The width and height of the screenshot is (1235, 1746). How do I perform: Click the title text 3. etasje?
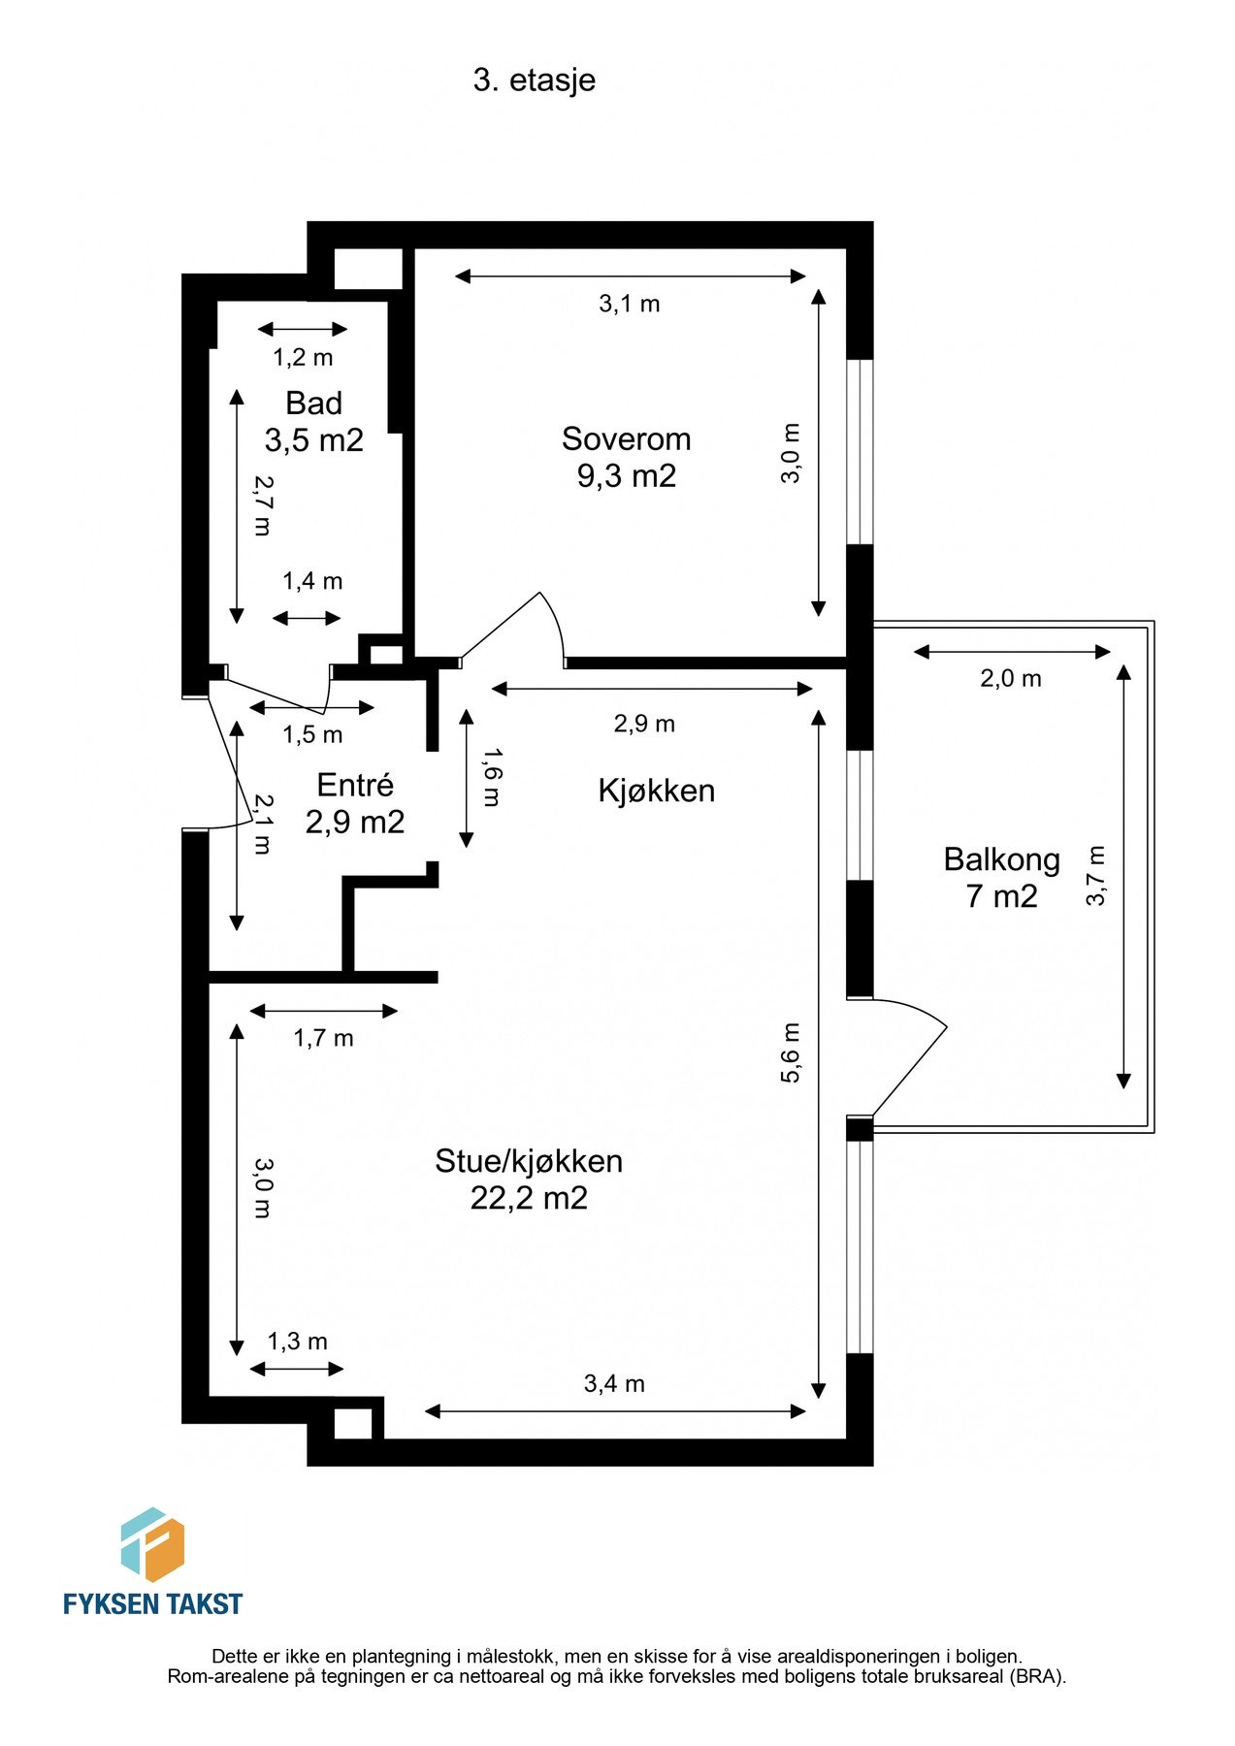point(534,81)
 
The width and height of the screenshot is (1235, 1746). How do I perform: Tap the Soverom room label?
point(626,439)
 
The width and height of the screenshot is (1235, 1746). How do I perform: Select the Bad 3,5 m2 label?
point(313,422)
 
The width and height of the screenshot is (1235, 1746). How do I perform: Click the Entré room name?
point(355,785)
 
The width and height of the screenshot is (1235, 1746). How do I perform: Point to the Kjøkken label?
point(656,791)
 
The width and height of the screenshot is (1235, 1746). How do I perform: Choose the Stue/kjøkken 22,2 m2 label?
point(529,1180)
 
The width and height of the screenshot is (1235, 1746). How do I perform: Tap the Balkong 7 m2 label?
point(1001,878)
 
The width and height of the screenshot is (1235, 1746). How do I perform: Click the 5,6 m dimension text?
point(792,1052)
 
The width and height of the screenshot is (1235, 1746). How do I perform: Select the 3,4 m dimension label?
point(614,1383)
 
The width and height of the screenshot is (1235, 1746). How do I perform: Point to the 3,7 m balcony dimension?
point(1095,876)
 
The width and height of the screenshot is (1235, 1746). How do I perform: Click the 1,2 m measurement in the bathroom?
point(303,358)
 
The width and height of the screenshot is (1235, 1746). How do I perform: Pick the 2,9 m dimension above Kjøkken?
point(644,724)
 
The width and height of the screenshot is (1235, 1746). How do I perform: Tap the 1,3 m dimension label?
point(297,1342)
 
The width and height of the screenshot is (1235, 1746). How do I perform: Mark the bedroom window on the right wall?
point(860,452)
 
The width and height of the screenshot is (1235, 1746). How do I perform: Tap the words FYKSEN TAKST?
point(152,1604)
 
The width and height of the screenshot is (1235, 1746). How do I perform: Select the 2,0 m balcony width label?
point(1010,679)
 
